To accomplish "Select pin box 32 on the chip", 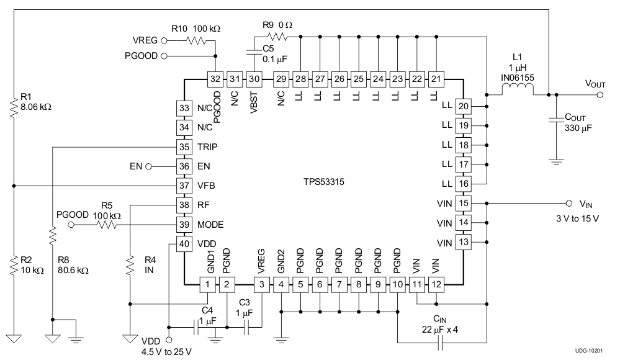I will point(215,79).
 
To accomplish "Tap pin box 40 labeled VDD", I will point(185,244).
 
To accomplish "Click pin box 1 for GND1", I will point(207,285).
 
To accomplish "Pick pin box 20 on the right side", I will point(463,106).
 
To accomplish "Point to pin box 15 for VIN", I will point(463,203).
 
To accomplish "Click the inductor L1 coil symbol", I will point(517,93).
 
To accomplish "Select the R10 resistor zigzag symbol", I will point(196,41).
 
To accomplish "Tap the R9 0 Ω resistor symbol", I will point(277,37).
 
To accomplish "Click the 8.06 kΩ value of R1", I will point(35,107).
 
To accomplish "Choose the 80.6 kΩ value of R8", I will point(73,271).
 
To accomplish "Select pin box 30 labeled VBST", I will point(254,79).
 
